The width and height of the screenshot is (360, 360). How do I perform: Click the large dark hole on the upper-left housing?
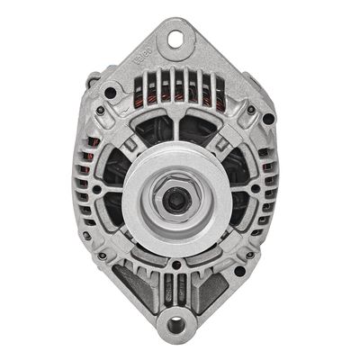coord(111,92)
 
